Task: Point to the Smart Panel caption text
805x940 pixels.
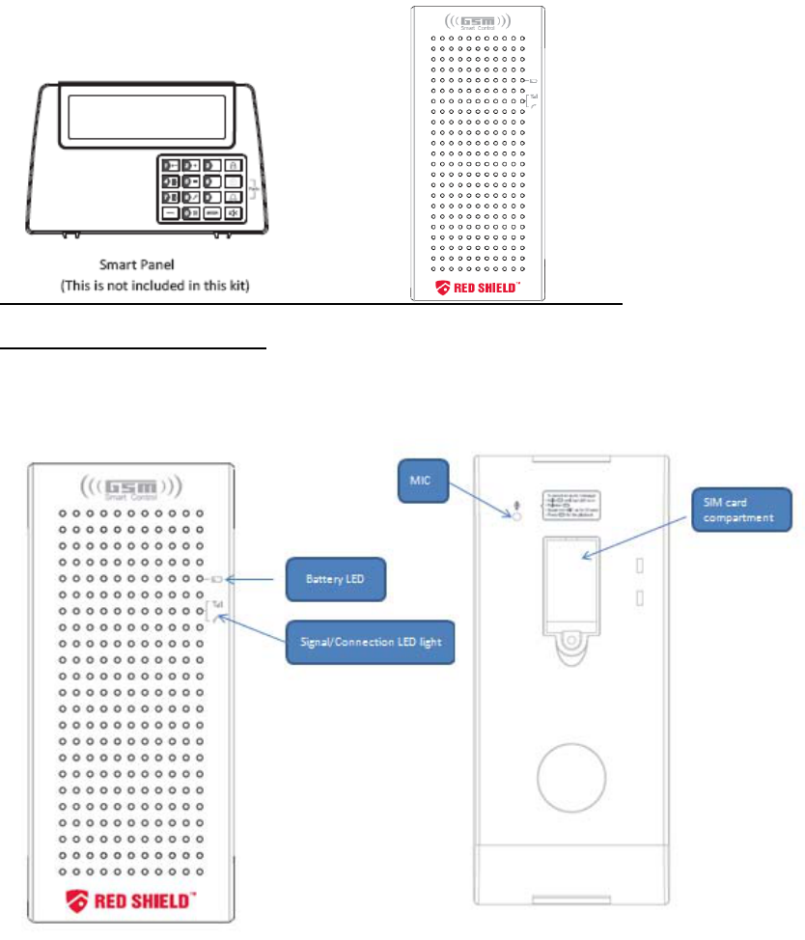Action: [x=146, y=263]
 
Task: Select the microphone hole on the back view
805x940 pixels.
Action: [x=515, y=516]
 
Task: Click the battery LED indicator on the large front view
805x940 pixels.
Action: [x=216, y=579]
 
